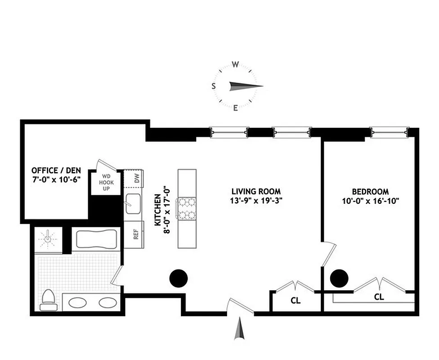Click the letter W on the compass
click(x=235, y=64)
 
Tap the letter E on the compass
click(x=235, y=108)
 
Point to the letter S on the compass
click(x=214, y=86)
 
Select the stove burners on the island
click(x=187, y=208)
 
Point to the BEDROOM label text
click(x=371, y=191)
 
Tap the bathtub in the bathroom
click(x=97, y=238)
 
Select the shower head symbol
click(x=47, y=239)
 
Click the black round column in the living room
click(x=178, y=278)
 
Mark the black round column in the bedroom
click(x=339, y=278)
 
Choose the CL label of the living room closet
click(x=296, y=300)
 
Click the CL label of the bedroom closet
click(x=379, y=297)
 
